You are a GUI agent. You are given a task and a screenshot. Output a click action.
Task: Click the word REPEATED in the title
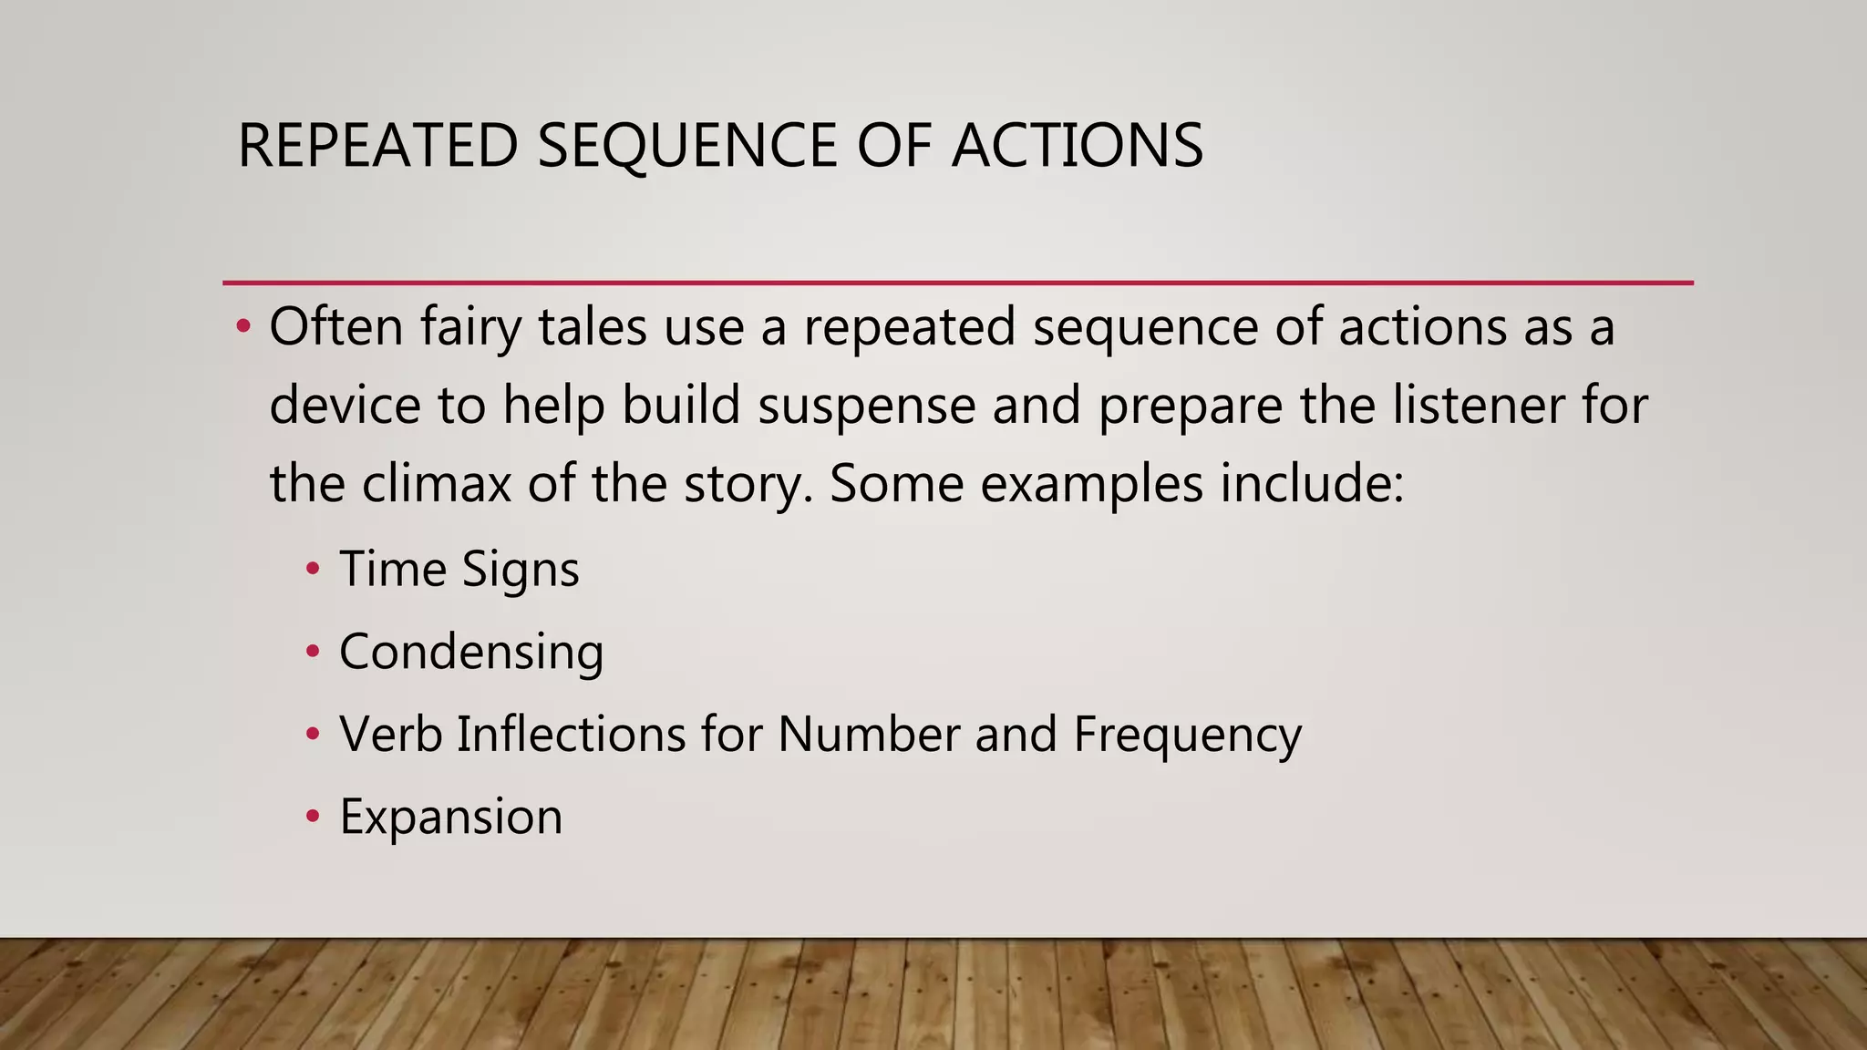coord(377,146)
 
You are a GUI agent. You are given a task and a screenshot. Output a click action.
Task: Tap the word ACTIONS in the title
coord(1077,146)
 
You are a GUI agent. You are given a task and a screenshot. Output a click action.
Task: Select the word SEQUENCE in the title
coord(686,146)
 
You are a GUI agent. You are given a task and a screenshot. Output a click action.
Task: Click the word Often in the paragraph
coord(335,326)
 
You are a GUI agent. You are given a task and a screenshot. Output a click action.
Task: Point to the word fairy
coord(470,328)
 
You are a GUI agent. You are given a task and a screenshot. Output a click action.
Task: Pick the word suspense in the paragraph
coord(866,406)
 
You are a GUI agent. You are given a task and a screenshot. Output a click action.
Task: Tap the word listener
coord(1478,406)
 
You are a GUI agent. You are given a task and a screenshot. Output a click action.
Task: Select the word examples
coord(1091,485)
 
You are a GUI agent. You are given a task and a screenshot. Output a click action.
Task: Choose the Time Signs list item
coord(459,570)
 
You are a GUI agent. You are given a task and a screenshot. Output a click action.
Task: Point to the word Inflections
coord(571,734)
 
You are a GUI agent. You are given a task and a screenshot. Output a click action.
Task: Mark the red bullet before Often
coord(242,326)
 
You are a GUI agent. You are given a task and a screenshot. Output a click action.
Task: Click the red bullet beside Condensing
coord(314,652)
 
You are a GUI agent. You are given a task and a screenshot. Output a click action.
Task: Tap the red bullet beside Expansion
coord(314,816)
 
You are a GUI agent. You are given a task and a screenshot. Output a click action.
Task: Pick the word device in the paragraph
coord(345,406)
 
